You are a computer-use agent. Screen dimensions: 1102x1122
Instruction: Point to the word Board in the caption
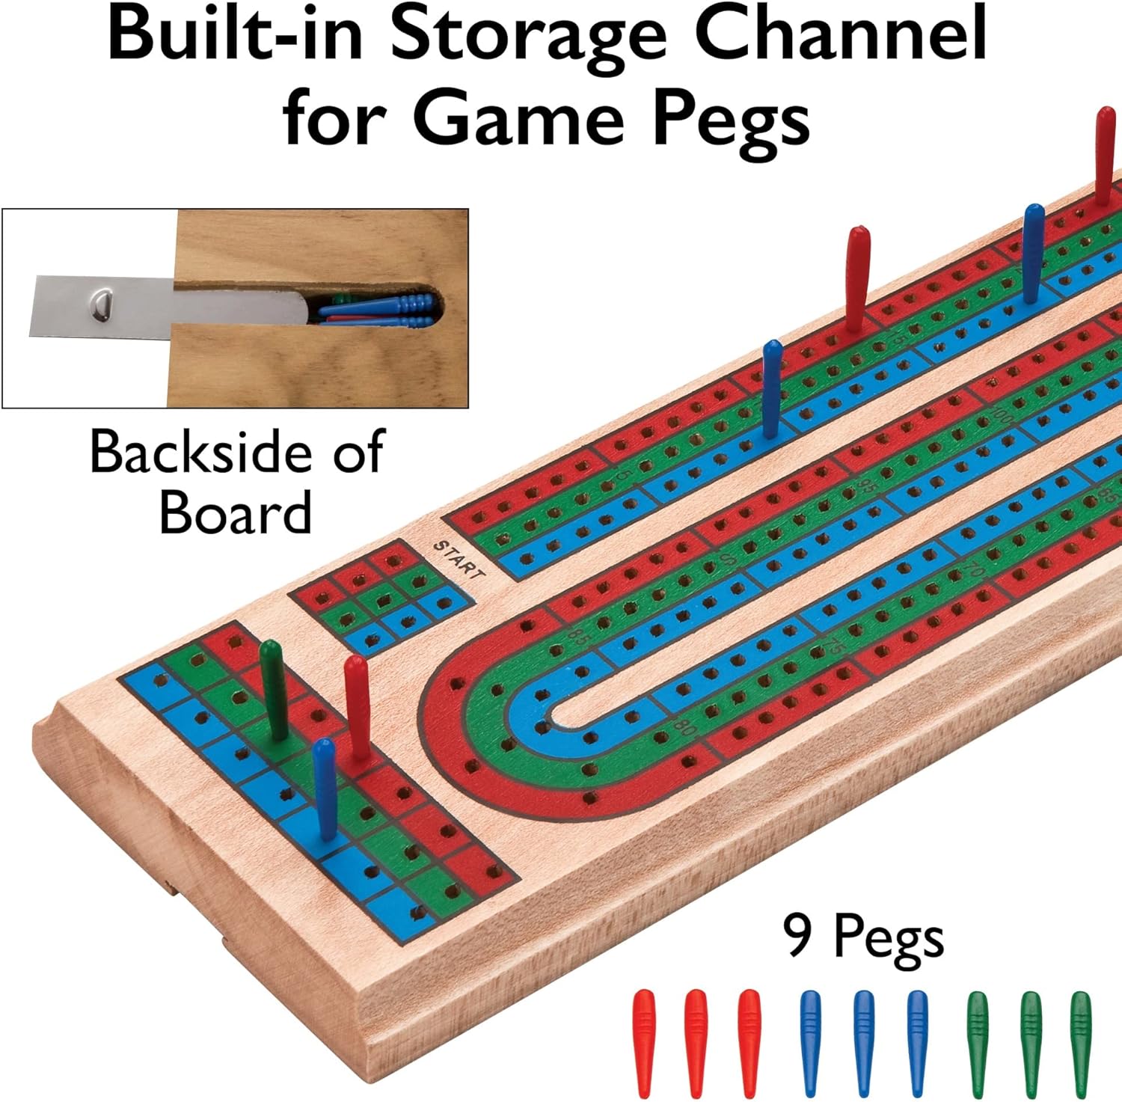pos(236,512)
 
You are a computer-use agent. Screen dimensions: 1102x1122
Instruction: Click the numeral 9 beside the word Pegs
pos(797,934)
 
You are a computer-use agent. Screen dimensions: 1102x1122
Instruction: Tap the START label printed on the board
pos(459,560)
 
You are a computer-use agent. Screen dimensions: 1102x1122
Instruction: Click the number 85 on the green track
pos(577,637)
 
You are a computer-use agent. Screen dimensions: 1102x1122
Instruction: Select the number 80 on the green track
pos(682,726)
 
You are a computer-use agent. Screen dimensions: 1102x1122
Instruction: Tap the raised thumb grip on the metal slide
pos(102,305)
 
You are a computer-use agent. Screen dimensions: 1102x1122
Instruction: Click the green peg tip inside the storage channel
pos(338,299)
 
